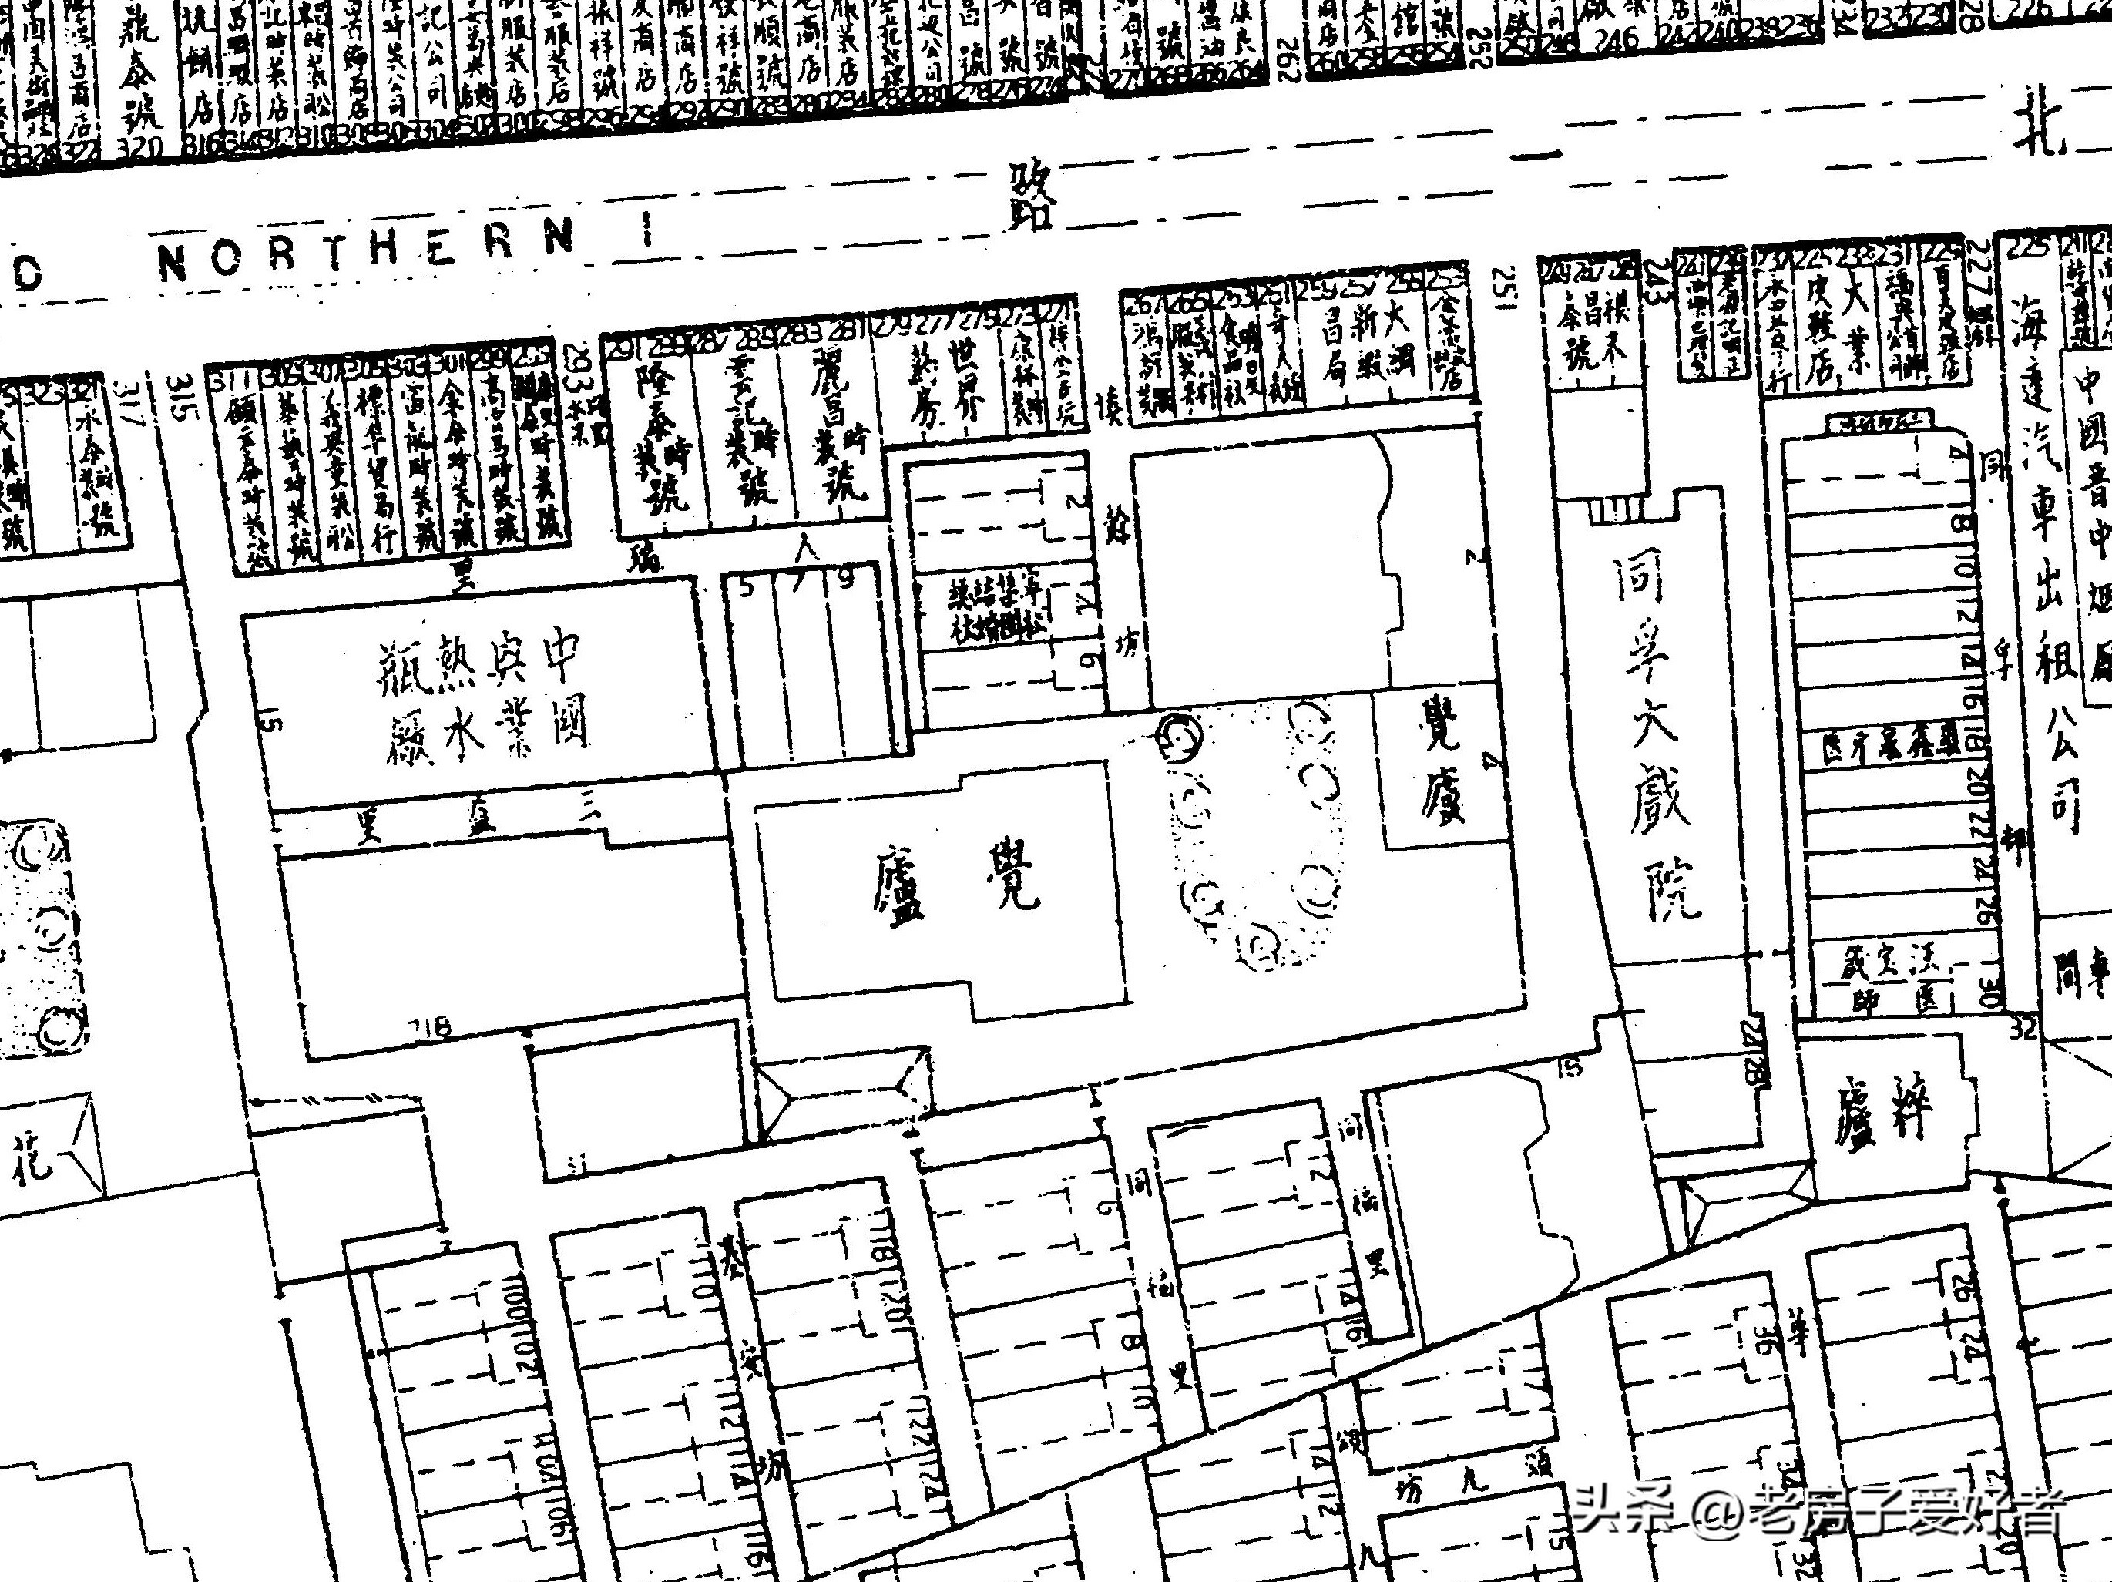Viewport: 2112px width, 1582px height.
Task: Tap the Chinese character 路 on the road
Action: (x=1033, y=196)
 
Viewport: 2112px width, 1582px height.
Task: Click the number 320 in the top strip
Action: (x=139, y=148)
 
